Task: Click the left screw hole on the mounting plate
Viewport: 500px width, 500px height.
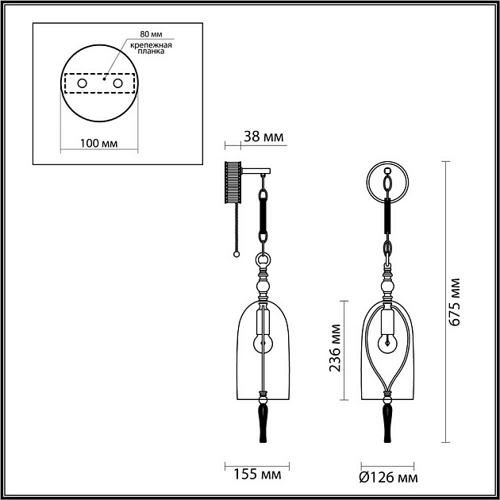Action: click(82, 83)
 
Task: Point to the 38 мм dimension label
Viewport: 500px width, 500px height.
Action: click(263, 137)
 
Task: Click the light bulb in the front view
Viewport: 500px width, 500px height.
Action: click(387, 342)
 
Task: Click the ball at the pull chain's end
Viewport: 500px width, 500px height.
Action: click(236, 255)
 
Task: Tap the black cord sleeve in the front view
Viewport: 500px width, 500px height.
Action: click(387, 215)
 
